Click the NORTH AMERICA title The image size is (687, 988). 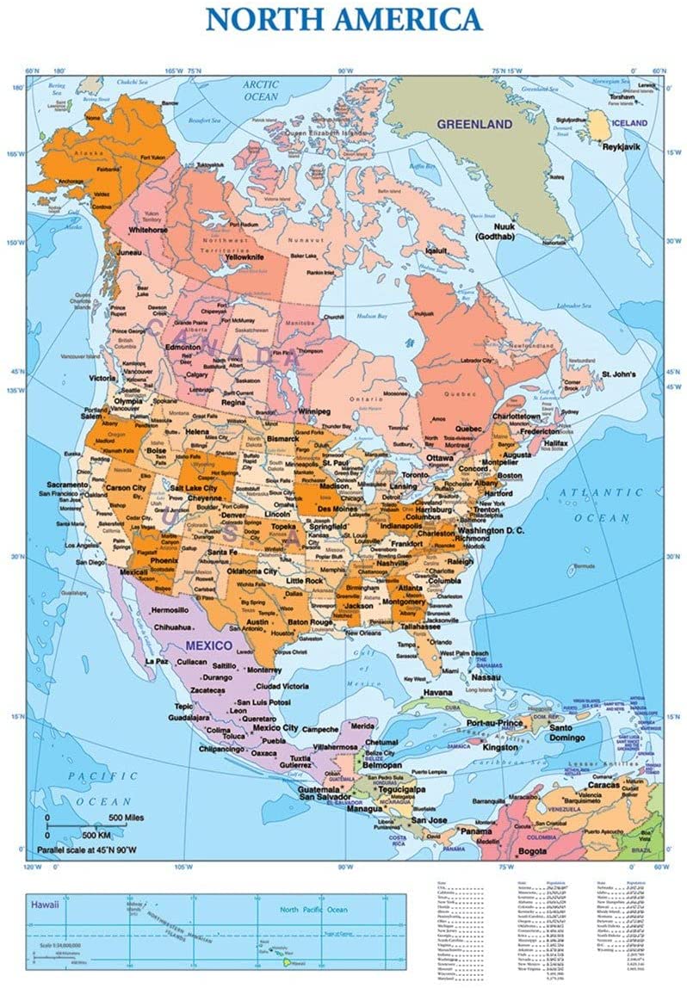click(343, 19)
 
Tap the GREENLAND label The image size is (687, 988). click(474, 124)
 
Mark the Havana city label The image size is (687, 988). click(436, 692)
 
